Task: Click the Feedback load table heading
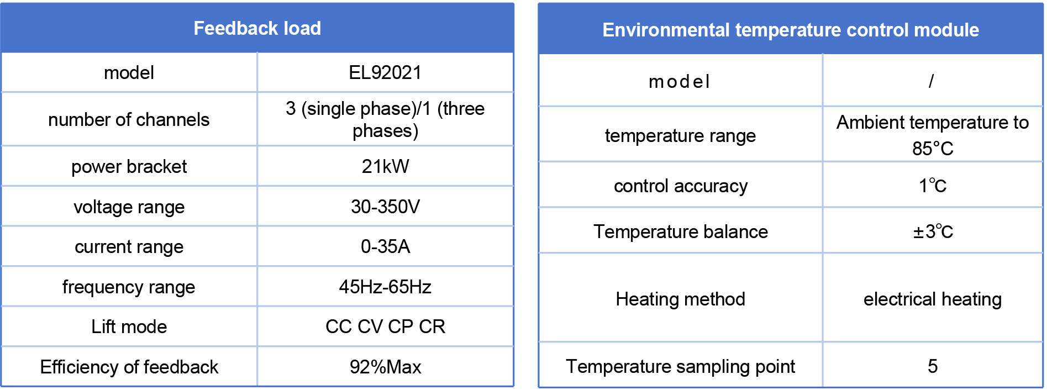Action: (x=257, y=28)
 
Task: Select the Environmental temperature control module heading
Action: (x=791, y=30)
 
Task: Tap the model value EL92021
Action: (x=385, y=72)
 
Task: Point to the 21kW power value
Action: (x=385, y=166)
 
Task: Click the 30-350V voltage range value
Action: (x=385, y=207)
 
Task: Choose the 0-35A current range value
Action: (x=385, y=246)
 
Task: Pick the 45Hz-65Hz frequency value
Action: (x=385, y=287)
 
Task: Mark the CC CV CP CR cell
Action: (x=385, y=326)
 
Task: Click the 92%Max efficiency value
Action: (x=385, y=367)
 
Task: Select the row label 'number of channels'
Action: (x=129, y=119)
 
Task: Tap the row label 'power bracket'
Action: (x=129, y=166)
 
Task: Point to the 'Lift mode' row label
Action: (x=129, y=326)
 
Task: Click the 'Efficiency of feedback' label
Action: (x=129, y=367)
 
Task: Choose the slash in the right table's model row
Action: (x=932, y=81)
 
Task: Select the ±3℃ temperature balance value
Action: (x=933, y=231)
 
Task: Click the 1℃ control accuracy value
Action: (x=933, y=186)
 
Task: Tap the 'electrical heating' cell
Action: (x=933, y=299)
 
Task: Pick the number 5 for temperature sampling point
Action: (x=933, y=366)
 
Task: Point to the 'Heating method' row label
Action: (x=680, y=299)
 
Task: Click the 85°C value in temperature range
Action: (x=933, y=149)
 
